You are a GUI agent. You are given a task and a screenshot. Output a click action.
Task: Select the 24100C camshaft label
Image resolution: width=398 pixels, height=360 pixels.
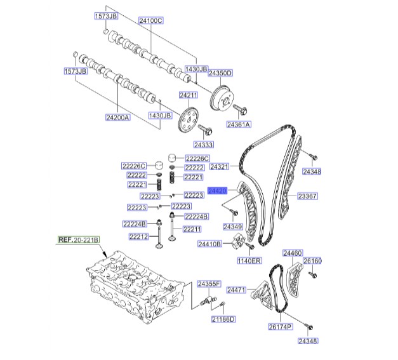click(x=151, y=21)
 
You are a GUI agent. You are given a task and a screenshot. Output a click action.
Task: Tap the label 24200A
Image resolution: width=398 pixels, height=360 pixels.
click(x=118, y=117)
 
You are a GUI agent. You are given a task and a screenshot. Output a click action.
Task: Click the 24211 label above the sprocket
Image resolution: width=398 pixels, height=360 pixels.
click(x=189, y=95)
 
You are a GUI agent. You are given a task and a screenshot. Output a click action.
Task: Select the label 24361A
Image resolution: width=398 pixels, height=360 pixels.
click(x=239, y=124)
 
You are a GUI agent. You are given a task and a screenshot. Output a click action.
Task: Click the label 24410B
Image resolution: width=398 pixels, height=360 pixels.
click(x=209, y=244)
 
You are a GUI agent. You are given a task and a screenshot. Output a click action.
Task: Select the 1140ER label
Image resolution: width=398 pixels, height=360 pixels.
click(x=249, y=260)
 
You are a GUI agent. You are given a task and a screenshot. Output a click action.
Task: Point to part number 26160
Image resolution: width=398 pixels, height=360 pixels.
click(x=312, y=261)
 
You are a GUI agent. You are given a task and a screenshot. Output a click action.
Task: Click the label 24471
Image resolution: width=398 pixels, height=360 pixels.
click(x=236, y=290)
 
